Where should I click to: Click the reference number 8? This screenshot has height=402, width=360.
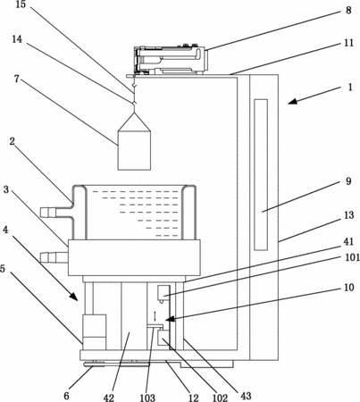tap(348, 10)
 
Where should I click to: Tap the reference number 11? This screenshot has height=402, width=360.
tap(348, 43)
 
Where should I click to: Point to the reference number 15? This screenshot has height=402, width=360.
tap(21, 4)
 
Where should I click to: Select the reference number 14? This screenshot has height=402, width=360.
tap(17, 38)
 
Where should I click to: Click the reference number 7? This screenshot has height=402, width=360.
tap(17, 79)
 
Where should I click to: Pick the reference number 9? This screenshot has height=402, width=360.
tap(348, 181)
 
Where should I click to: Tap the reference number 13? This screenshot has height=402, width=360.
tap(348, 215)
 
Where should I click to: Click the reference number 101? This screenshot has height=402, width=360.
tap(352, 256)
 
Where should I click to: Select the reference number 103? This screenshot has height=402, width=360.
tap(147, 398)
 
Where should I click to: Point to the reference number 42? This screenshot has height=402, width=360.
tap(109, 398)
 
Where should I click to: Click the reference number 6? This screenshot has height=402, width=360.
tap(66, 396)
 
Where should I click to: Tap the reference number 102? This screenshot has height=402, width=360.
tap(220, 398)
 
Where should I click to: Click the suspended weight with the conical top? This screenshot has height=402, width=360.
tap(134, 141)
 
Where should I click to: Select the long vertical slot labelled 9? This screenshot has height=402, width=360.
tap(261, 174)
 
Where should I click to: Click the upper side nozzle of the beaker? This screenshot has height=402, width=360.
tap(48, 213)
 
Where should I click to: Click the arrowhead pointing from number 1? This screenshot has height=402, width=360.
tap(293, 102)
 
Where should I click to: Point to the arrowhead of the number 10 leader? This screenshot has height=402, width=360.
tap(169, 319)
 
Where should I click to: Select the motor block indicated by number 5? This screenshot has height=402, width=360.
tap(95, 331)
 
